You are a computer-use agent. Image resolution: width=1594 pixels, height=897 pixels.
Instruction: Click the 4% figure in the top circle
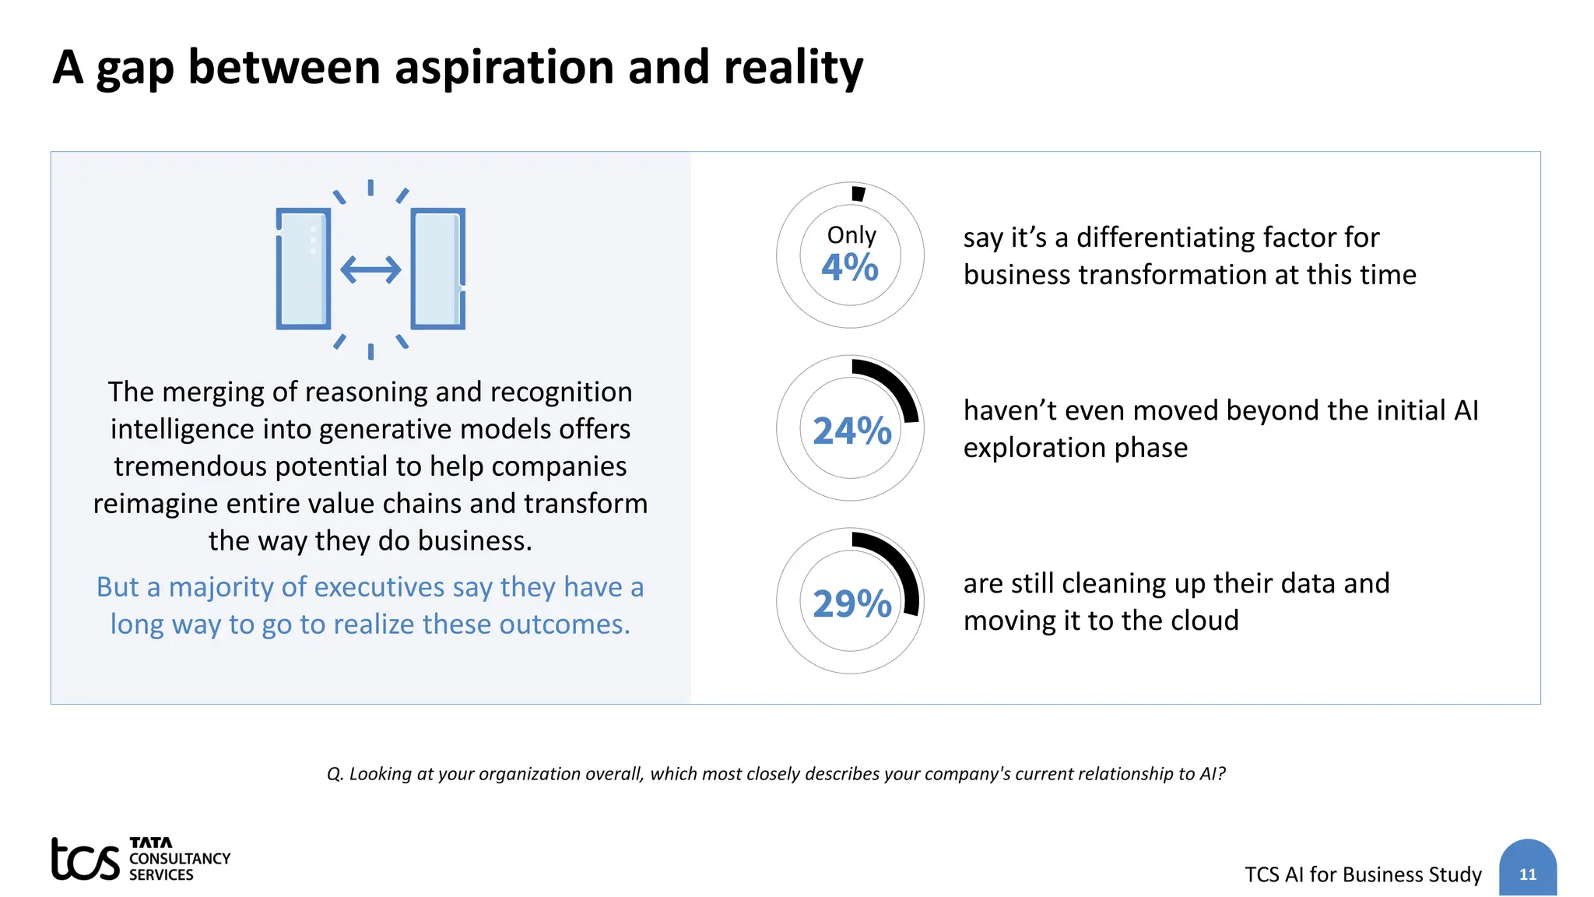[x=850, y=268]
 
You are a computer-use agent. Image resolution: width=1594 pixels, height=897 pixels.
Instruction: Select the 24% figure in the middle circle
[x=851, y=431]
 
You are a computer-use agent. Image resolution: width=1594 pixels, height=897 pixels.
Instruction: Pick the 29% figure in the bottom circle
[x=851, y=603]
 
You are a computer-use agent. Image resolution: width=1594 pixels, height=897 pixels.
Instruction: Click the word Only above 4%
[x=851, y=234]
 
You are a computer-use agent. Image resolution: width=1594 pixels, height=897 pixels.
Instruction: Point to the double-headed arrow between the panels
[x=370, y=270]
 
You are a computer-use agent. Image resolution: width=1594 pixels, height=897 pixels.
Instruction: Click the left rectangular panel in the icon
[x=304, y=269]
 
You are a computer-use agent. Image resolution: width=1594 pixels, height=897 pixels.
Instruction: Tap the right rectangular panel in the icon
[x=437, y=269]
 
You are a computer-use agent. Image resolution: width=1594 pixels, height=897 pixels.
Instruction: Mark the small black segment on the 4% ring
[x=858, y=194]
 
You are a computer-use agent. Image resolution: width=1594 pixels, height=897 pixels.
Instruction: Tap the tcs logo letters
[x=85, y=860]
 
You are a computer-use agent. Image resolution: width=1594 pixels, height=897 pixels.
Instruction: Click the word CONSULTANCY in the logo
[x=180, y=858]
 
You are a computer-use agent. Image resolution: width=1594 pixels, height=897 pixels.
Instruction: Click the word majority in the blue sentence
[x=220, y=587]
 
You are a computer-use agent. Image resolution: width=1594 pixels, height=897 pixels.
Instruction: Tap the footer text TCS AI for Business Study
[x=1363, y=874]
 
